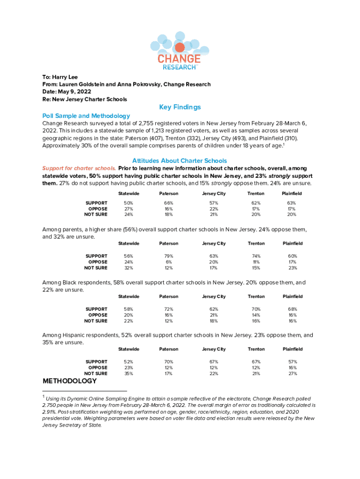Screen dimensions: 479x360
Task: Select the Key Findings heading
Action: (x=180, y=107)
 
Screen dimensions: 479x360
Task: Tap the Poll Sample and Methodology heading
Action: (x=86, y=116)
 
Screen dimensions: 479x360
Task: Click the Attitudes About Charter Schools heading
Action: (x=180, y=160)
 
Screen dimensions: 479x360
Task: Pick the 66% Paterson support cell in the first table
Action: (x=169, y=203)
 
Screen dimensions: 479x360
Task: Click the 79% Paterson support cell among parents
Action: (x=169, y=256)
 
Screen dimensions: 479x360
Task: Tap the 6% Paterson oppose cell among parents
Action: (x=169, y=262)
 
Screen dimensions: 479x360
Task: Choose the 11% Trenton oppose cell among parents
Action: (x=256, y=262)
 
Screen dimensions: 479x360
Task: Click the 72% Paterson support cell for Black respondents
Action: (x=169, y=309)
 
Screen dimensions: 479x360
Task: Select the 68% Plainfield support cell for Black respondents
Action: (x=292, y=309)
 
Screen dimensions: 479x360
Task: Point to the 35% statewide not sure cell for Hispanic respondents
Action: (x=128, y=374)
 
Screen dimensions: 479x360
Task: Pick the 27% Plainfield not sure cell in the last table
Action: (x=292, y=374)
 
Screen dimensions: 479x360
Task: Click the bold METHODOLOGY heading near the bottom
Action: (x=70, y=382)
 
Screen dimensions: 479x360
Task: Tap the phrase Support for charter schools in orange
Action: (x=79, y=168)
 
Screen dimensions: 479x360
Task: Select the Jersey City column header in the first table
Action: (x=214, y=194)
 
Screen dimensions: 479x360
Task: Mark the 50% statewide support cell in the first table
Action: (x=128, y=203)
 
